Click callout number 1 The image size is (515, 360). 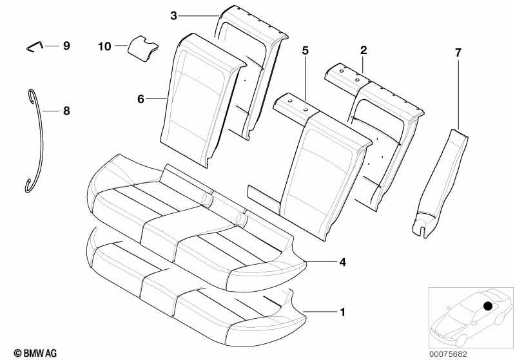tap(342, 312)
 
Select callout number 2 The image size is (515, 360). tap(364, 50)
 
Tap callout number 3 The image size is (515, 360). tap(174, 15)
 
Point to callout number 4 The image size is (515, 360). tap(342, 262)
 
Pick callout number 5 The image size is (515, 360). tap(306, 50)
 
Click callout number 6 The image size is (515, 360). tap(141, 99)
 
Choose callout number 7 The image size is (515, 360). tap(458, 53)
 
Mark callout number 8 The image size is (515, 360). tap(66, 111)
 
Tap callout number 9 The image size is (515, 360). tap(66, 46)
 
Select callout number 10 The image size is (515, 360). tap(105, 46)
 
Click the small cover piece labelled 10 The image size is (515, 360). tap(142, 48)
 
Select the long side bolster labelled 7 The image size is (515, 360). tap(440, 182)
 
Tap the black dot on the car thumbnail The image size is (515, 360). tap(488, 306)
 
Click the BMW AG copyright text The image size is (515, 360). tap(35, 353)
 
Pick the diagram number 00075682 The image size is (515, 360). tap(449, 354)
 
